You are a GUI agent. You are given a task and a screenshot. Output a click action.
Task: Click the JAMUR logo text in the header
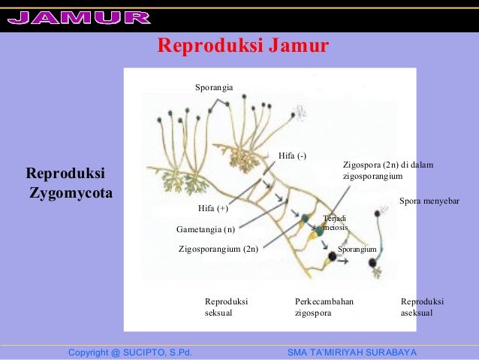click(x=80, y=17)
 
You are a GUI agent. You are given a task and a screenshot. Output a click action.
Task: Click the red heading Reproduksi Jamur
click(x=243, y=47)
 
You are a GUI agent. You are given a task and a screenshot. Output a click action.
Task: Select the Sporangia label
click(x=214, y=89)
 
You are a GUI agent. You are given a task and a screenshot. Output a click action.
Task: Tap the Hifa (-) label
click(x=292, y=156)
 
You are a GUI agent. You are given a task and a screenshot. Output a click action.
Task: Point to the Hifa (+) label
click(x=212, y=208)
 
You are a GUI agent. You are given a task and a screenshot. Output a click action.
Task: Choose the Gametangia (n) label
click(x=206, y=228)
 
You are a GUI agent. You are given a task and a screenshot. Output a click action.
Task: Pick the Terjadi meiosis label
click(x=334, y=222)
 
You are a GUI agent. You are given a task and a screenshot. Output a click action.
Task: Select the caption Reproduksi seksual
click(x=226, y=307)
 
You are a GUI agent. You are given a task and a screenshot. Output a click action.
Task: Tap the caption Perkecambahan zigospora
click(x=324, y=307)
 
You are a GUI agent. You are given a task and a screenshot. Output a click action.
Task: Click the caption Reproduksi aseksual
click(x=423, y=307)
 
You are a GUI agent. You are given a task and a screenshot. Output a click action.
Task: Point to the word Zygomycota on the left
click(x=71, y=194)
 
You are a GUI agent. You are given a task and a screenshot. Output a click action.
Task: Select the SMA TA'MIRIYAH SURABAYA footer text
click(x=352, y=352)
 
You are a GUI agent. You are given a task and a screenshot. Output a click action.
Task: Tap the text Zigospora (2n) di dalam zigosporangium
click(x=388, y=170)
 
